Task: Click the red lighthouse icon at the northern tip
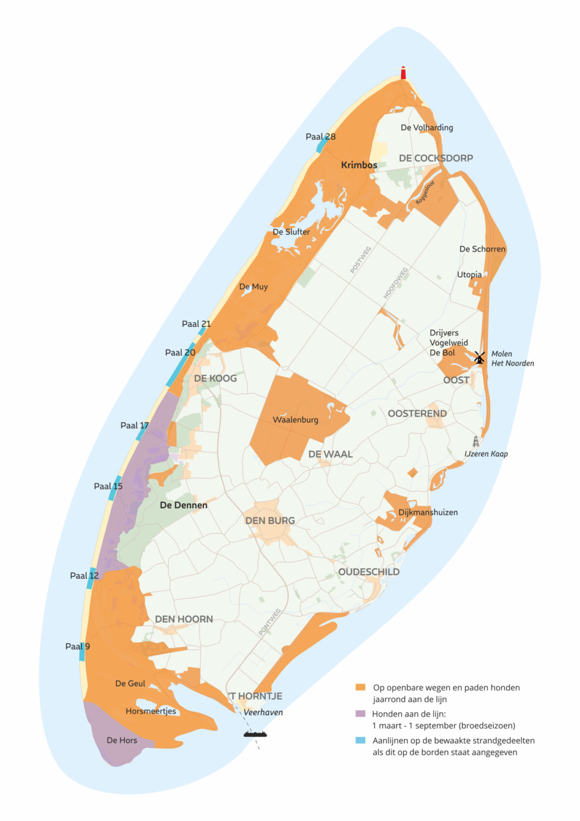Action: click(403, 73)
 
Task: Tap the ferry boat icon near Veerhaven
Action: click(255, 734)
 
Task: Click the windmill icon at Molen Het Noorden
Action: click(479, 357)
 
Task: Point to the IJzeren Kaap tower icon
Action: click(476, 441)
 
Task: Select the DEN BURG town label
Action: click(270, 521)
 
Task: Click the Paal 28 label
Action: click(320, 137)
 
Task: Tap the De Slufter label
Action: click(291, 232)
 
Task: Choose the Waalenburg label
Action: click(295, 420)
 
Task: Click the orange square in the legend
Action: click(360, 687)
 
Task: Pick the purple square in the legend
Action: click(360, 713)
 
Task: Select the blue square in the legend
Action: click(360, 740)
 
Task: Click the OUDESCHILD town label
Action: click(369, 572)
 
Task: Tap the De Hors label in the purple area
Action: click(122, 740)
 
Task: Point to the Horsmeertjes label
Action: click(151, 711)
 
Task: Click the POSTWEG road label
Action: click(361, 260)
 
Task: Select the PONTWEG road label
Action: click(270, 622)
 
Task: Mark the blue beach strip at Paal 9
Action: click(82, 651)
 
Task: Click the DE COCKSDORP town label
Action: click(435, 158)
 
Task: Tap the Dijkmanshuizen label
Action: click(428, 513)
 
